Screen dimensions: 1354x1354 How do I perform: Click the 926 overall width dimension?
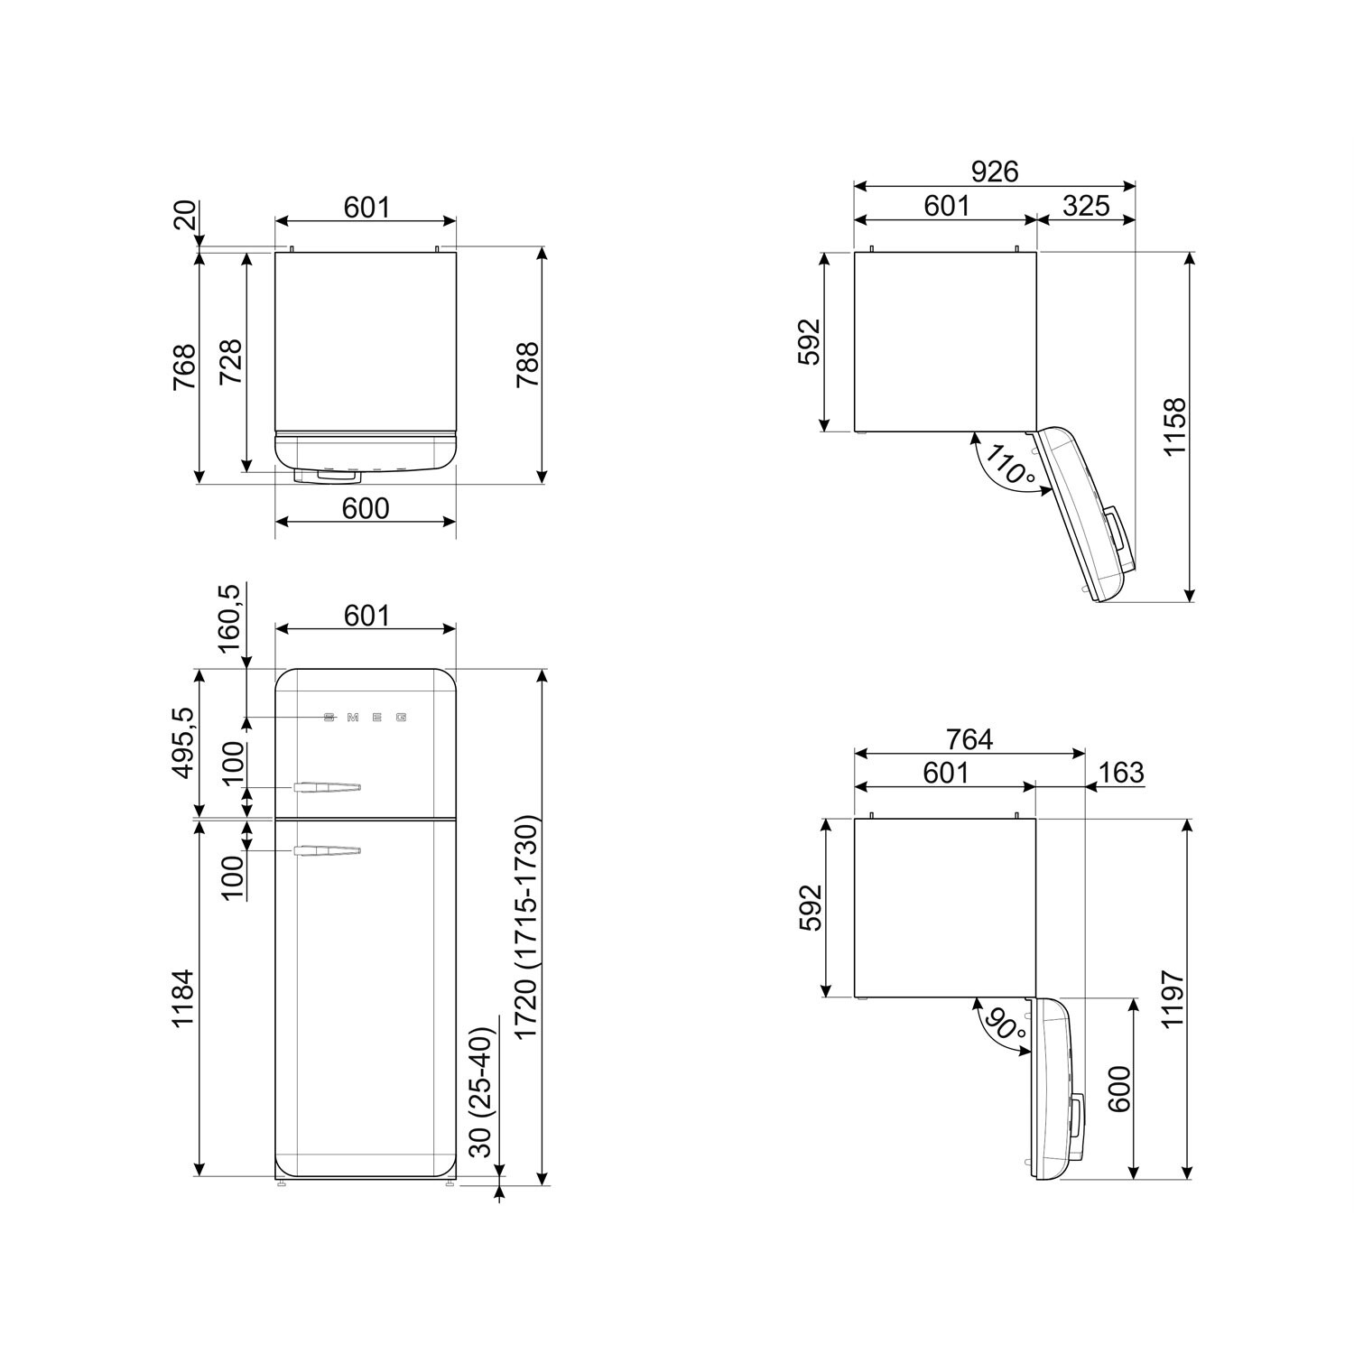click(995, 172)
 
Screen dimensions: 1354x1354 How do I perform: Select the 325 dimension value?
click(1086, 206)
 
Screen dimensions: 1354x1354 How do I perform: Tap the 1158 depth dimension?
click(1174, 426)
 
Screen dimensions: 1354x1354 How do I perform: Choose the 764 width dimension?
click(969, 739)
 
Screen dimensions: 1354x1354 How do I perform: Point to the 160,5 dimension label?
click(229, 618)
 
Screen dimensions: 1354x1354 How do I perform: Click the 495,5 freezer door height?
click(183, 742)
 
